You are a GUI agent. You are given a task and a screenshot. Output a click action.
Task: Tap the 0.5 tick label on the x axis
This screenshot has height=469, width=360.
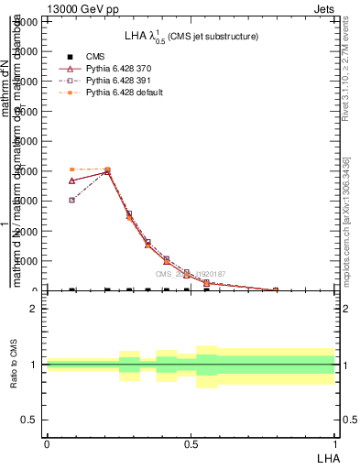coord(191,442)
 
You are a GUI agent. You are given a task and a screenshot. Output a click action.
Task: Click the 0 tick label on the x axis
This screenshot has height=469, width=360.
coord(47,442)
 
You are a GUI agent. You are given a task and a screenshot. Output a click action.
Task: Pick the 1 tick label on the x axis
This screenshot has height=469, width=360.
coord(335,442)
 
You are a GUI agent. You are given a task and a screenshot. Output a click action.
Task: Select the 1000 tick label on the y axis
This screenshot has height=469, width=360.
coord(25,261)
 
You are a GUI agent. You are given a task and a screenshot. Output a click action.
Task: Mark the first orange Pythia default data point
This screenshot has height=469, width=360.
coord(72,169)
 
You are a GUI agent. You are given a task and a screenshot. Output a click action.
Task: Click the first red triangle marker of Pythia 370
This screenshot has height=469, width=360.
coord(72,180)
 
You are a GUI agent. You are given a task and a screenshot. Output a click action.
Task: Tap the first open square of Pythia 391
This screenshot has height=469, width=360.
coord(72,200)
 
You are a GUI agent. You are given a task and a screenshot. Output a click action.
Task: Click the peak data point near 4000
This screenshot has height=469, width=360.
coord(107,170)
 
